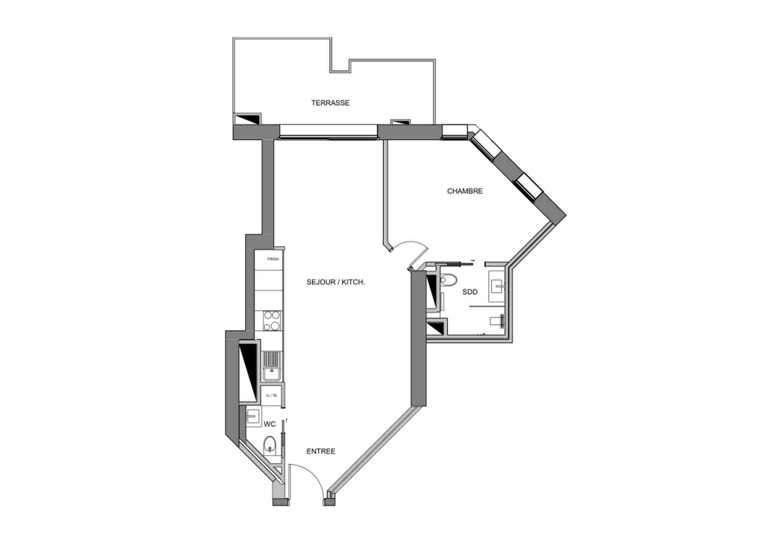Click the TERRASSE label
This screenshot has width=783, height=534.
(x=330, y=103)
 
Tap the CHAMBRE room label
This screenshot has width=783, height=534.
(x=464, y=191)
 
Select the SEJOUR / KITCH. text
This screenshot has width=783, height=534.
(x=335, y=282)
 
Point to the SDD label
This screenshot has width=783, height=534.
(x=470, y=292)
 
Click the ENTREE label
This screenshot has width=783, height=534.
(x=321, y=451)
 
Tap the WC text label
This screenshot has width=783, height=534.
(x=270, y=424)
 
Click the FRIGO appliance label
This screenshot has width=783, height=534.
(x=273, y=259)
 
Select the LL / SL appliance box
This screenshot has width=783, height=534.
(x=272, y=395)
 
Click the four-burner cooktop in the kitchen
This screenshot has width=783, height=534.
(x=272, y=321)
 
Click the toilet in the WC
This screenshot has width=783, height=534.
(x=269, y=445)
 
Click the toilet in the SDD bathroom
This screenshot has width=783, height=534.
(x=448, y=280)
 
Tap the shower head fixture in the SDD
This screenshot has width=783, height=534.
(x=502, y=321)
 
